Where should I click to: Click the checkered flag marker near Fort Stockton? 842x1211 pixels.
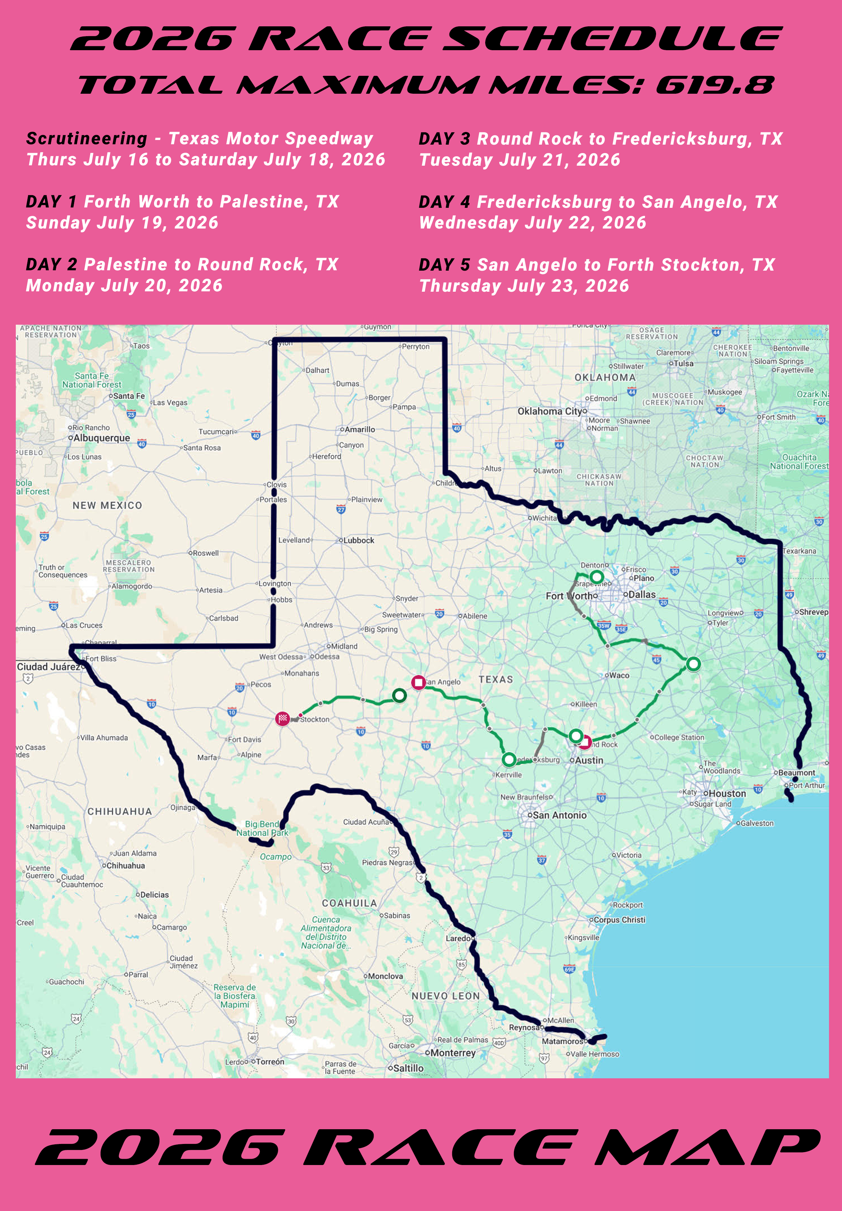283,719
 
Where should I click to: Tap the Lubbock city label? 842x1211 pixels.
359,540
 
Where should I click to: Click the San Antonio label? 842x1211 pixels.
559,815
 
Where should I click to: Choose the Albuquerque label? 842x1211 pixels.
101,438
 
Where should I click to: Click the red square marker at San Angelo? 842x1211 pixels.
419,682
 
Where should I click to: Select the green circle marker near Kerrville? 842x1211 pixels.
509,760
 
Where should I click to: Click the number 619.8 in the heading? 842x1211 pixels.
715,85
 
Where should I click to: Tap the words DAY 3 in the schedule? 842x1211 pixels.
444,139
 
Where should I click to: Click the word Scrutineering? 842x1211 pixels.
86,139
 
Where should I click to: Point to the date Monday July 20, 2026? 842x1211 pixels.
125,286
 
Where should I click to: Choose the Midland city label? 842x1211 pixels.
344,646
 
